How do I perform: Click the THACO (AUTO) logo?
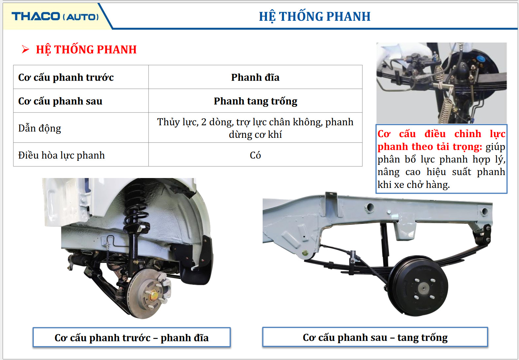tap(55, 16)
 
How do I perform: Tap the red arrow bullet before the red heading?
tap(25, 49)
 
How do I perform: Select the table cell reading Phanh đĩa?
tap(255, 77)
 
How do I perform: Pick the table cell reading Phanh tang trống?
tap(255, 101)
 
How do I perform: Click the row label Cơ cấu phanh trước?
tap(66, 77)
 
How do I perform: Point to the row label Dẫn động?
tap(40, 128)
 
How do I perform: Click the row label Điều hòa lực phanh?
tap(61, 155)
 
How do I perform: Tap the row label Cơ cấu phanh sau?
tap(60, 101)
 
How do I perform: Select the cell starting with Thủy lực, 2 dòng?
tap(255, 128)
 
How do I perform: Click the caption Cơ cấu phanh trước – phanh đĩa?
tap(132, 338)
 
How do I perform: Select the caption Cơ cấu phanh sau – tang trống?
tap(375, 337)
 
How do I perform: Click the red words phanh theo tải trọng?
tap(430, 147)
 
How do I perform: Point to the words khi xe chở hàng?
tap(413, 185)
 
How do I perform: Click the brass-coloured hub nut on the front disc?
tap(153, 295)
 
